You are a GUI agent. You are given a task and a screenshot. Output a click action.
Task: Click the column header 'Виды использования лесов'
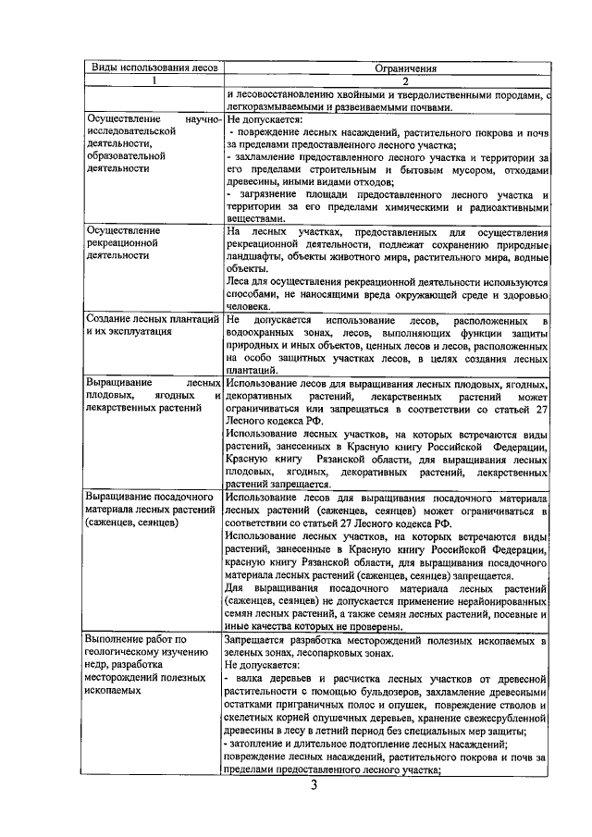coord(150,68)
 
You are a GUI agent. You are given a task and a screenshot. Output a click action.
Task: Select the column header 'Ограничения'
coord(387,68)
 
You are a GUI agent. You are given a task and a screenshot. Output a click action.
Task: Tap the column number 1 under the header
coord(152,80)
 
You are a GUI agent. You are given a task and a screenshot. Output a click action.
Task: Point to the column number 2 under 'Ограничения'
coord(387,80)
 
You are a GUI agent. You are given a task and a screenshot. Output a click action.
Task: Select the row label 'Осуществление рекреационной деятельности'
coord(123,243)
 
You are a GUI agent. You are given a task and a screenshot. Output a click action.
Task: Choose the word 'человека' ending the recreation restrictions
coord(248,305)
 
